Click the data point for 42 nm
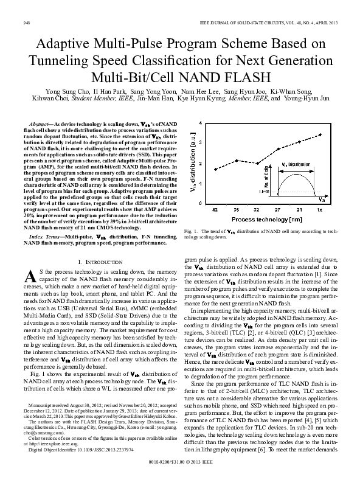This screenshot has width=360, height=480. (215, 169)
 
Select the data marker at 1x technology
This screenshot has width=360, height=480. (319, 135)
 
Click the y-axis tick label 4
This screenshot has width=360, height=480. (201, 123)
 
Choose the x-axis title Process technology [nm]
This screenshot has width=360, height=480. (267, 218)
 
